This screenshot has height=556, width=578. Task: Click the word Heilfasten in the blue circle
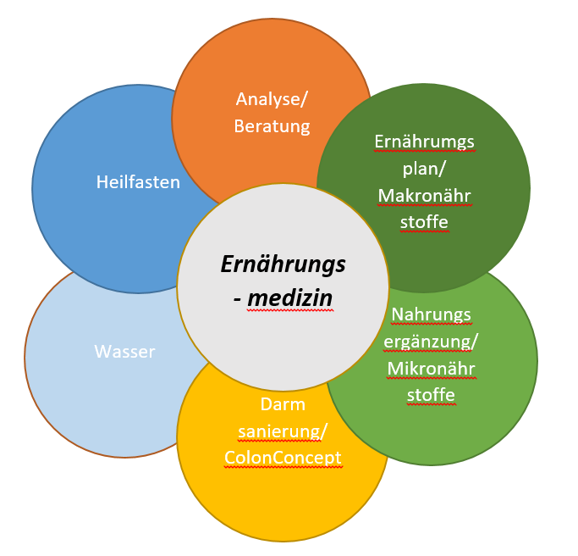[138, 181]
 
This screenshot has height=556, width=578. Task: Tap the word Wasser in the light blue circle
[124, 351]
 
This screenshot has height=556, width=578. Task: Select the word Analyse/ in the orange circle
[272, 99]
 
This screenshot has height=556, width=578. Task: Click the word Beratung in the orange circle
[272, 126]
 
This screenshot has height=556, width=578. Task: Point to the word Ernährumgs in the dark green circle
[425, 141]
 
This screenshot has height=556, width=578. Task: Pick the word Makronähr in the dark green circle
[425, 196]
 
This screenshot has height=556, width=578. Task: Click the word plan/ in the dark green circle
[425, 168]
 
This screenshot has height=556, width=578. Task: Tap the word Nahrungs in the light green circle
[432, 314]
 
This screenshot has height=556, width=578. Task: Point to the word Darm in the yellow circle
[283, 404]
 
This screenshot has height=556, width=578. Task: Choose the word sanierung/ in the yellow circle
[283, 431]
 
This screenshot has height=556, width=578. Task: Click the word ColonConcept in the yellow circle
[283, 459]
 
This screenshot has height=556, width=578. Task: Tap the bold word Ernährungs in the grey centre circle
[283, 264]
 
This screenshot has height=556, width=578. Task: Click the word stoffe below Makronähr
[425, 223]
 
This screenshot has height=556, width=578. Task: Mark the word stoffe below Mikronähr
[432, 395]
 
